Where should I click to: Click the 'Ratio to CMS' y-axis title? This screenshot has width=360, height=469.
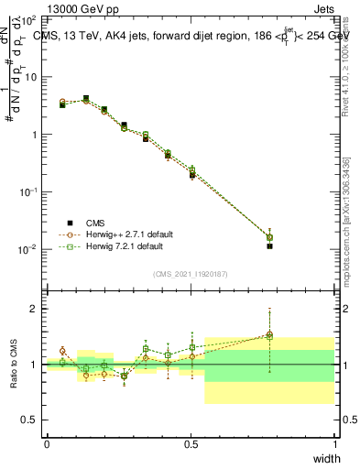(x=14, y=364)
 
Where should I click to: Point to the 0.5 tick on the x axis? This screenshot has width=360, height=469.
(x=191, y=442)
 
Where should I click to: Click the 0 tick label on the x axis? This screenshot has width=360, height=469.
(x=47, y=442)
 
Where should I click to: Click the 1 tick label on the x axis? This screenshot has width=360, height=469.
(x=334, y=442)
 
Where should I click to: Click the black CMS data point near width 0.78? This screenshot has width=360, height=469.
(x=269, y=246)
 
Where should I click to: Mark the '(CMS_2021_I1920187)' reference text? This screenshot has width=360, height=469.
(x=191, y=273)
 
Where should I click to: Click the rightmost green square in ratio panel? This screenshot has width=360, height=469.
(x=269, y=336)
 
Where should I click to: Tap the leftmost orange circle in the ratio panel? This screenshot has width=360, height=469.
(x=62, y=351)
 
